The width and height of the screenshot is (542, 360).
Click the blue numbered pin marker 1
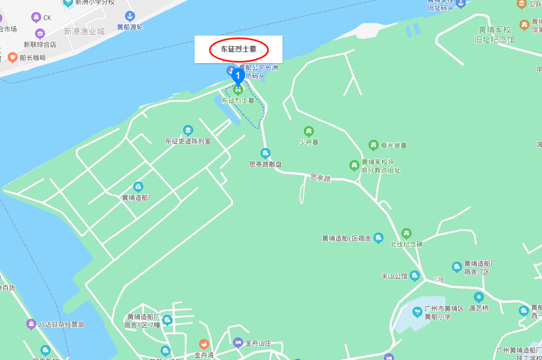[x=238, y=75]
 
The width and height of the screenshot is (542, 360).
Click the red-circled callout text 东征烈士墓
[x=239, y=49]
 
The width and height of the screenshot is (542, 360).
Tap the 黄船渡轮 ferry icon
[x=130, y=16]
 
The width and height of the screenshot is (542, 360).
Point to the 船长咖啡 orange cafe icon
[x=13, y=57]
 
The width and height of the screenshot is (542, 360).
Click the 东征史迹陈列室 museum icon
[x=188, y=130]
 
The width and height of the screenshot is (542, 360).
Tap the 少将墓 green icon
[x=309, y=131]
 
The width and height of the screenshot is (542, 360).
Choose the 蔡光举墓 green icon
[x=374, y=145]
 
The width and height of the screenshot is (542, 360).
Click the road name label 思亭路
[x=320, y=178]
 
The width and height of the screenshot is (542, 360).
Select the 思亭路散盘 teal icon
[x=266, y=153]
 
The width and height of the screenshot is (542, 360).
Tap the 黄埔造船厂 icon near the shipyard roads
[x=138, y=187]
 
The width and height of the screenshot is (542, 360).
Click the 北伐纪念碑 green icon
[x=406, y=233]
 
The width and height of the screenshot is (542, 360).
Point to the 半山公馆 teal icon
[x=415, y=275]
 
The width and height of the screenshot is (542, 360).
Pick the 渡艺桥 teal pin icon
[x=479, y=297]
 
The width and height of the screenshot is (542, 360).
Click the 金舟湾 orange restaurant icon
[x=204, y=344]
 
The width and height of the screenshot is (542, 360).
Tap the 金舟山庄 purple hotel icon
[x=238, y=343]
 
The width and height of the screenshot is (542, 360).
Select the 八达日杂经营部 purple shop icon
[x=31, y=324]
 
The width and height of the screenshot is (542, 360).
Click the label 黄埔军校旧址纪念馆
[x=495, y=35]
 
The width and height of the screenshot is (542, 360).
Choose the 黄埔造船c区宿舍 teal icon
[x=379, y=238]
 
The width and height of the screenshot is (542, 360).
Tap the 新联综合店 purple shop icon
[x=39, y=34]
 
